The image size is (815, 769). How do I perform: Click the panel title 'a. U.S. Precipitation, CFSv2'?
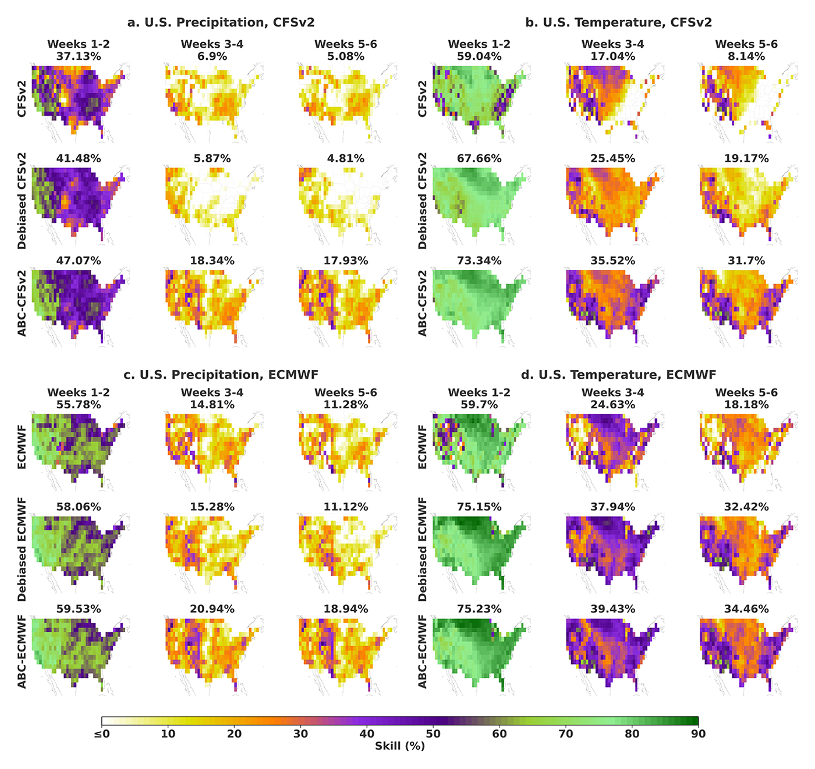click(x=221, y=23)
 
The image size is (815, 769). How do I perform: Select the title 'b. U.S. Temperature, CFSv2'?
click(x=618, y=23)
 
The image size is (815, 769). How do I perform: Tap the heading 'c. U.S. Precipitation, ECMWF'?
click(x=221, y=375)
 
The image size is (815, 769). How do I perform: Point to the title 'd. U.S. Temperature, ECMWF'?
click(x=618, y=375)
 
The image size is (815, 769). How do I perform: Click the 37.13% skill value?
click(x=79, y=56)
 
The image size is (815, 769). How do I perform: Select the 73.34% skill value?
click(x=479, y=261)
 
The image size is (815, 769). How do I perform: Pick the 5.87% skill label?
click(x=212, y=158)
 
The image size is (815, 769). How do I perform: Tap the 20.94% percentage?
click(x=212, y=609)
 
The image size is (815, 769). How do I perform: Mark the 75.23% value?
click(x=479, y=609)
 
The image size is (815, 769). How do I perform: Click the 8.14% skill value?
click(x=746, y=56)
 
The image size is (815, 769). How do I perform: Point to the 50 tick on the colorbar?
click(x=433, y=734)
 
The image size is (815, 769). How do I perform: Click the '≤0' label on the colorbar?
click(x=101, y=734)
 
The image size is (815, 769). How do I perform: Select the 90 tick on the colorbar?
click(x=698, y=734)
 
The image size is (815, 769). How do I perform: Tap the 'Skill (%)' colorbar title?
click(x=399, y=746)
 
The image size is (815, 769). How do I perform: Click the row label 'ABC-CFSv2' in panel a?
click(x=22, y=302)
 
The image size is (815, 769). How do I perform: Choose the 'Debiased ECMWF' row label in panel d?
click(x=423, y=549)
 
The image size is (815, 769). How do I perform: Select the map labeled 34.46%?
click(x=746, y=654)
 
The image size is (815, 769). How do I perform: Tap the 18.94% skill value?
click(x=345, y=609)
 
